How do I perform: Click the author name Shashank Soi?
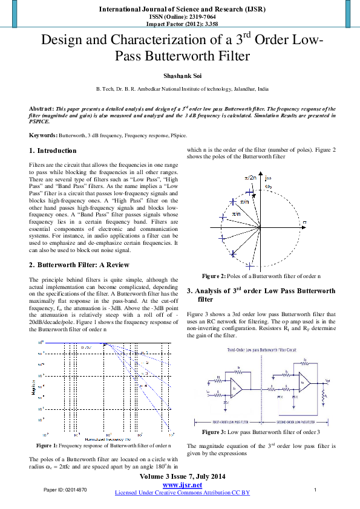(x=180, y=77)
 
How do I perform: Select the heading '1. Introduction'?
(x=53, y=151)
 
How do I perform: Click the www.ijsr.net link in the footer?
(x=182, y=485)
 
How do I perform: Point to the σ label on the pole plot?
(x=305, y=223)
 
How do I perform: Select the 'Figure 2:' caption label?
(x=214, y=276)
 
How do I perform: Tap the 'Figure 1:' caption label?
(x=48, y=445)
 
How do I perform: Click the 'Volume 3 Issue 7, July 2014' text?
(x=182, y=477)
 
